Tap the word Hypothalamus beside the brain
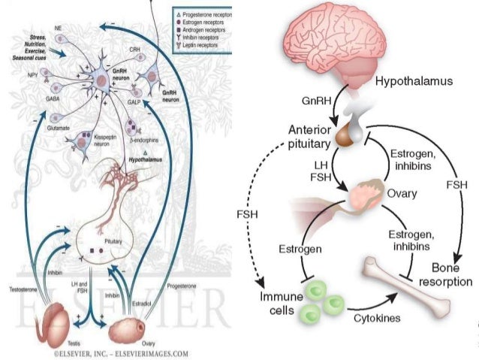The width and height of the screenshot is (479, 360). click(x=414, y=81)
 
